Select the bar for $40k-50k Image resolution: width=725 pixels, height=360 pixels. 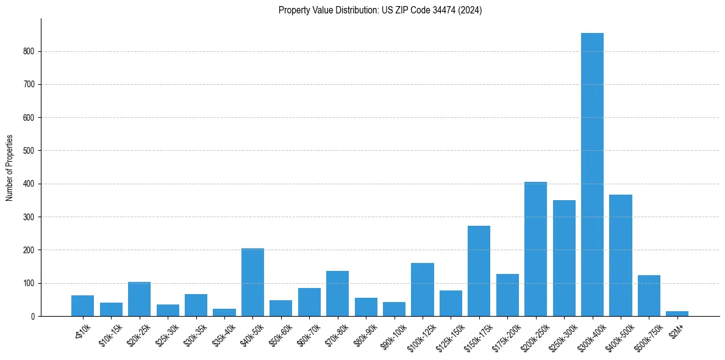click(252, 282)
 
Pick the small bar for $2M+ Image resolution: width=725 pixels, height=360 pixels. click(677, 313)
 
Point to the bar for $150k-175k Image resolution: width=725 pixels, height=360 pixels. click(479, 271)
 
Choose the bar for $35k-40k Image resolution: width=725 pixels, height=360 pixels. click(224, 312)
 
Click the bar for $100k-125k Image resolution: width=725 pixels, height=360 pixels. click(423, 289)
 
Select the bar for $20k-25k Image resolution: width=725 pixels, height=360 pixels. click(139, 299)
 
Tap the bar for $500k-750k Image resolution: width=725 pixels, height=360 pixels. click(649, 295)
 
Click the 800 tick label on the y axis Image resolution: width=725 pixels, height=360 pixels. click(29, 51)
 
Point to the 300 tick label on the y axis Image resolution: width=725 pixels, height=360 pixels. click(29, 217)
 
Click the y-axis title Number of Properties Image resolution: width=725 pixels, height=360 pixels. click(9, 167)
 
